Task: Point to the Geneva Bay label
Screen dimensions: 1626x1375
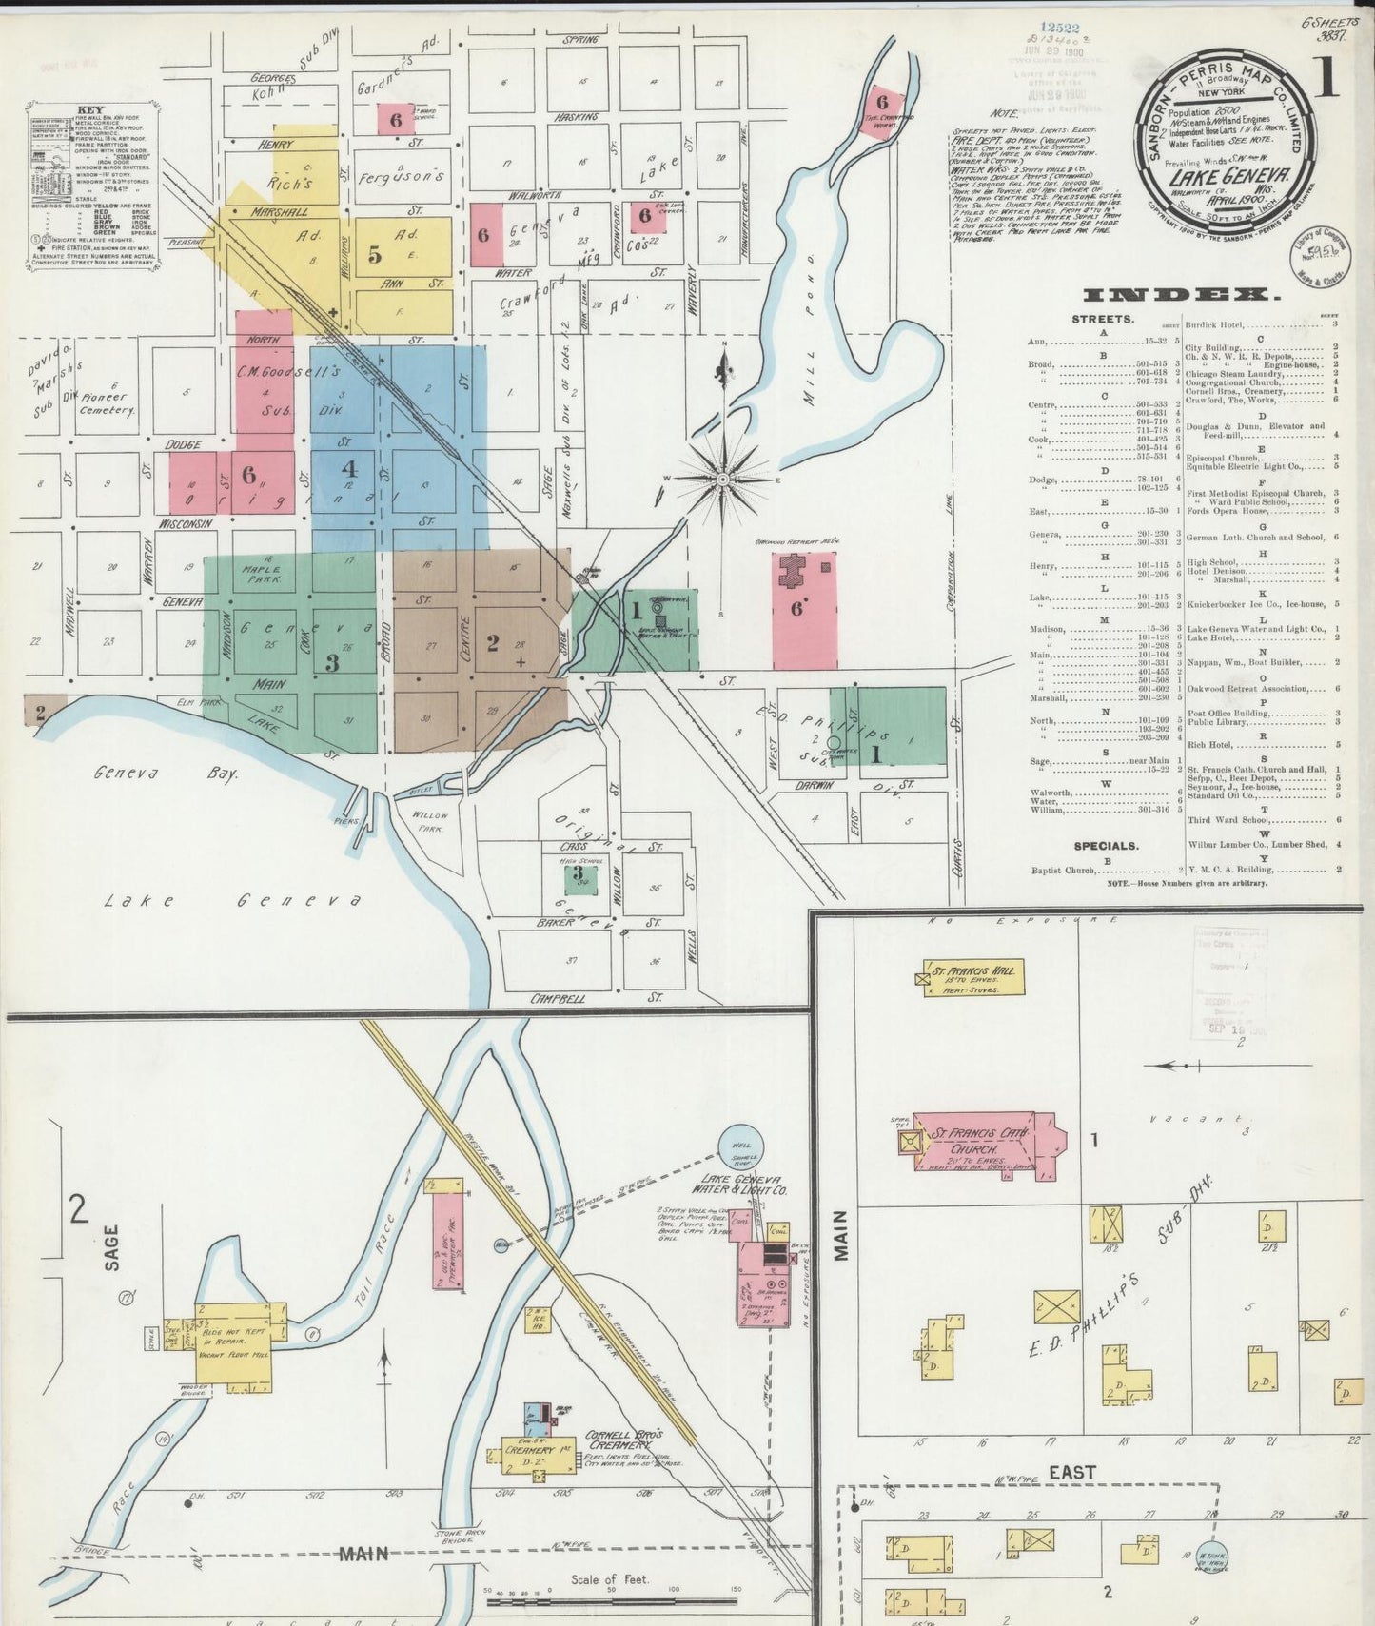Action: coord(166,774)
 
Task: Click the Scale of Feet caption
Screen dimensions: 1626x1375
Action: coord(609,1579)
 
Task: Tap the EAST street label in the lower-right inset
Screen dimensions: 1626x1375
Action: coord(1072,1473)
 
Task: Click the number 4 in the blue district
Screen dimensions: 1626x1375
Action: coord(349,468)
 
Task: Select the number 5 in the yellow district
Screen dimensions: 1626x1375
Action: coord(375,254)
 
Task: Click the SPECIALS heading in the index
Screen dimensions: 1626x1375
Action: coord(1106,845)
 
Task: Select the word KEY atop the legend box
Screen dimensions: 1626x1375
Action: coord(91,109)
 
